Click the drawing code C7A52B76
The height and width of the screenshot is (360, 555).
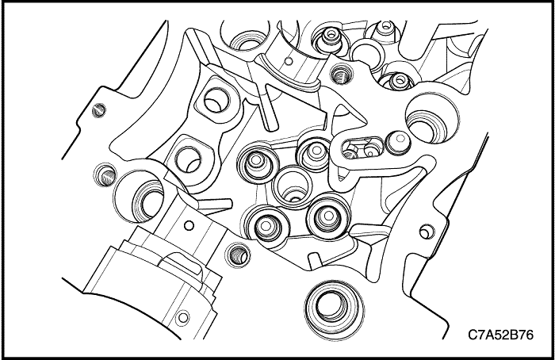(x=500, y=335)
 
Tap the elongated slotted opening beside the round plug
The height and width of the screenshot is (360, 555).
(x=362, y=148)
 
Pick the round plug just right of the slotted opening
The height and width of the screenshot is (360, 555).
(x=398, y=142)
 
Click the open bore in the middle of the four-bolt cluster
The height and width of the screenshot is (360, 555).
(x=293, y=186)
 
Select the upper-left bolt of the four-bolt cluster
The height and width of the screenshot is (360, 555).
(x=257, y=163)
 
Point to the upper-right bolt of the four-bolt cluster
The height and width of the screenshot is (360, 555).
(x=315, y=152)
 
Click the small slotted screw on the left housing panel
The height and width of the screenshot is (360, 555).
(x=99, y=110)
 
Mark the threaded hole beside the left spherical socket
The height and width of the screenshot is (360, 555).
(x=105, y=175)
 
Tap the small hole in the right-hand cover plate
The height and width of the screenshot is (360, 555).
(x=427, y=232)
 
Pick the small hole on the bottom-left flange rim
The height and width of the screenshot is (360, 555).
(x=182, y=317)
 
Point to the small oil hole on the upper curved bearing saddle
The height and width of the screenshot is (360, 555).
(x=289, y=61)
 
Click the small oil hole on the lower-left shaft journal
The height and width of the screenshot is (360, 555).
(x=189, y=225)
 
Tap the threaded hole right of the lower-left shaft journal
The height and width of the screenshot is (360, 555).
(x=238, y=255)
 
